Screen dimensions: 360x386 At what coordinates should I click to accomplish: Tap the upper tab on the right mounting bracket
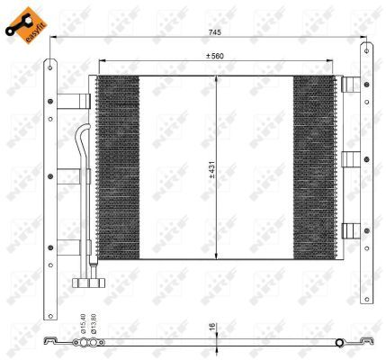351,85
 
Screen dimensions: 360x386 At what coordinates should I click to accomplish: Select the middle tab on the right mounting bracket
351,160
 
